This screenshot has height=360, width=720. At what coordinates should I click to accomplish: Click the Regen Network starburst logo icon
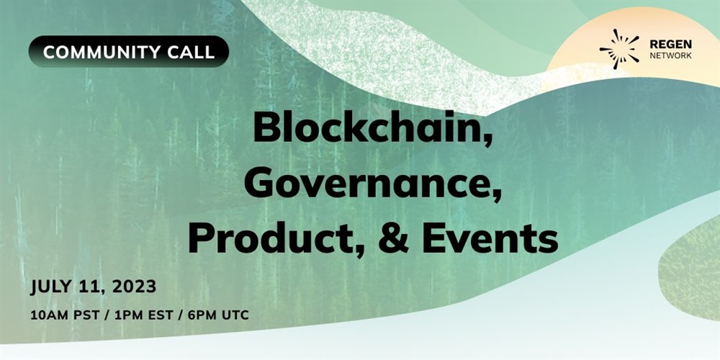619,49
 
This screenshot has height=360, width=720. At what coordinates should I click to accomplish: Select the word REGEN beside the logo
671,45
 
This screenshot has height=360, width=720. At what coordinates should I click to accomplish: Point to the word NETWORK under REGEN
671,56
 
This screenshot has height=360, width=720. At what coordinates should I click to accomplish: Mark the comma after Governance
495,197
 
